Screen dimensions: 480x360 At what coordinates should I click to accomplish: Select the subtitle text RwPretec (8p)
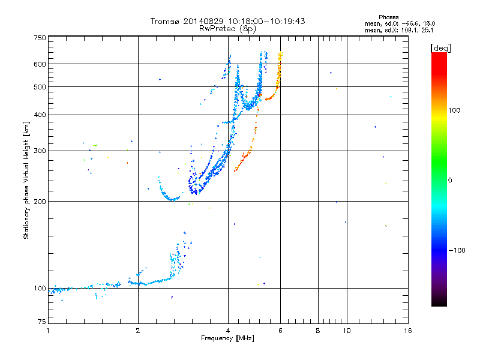coord(227,28)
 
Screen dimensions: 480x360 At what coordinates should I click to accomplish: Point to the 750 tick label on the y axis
coord(40,38)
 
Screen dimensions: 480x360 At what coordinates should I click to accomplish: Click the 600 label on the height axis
coord(40,64)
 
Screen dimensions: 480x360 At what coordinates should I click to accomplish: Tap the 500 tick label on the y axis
coord(40,87)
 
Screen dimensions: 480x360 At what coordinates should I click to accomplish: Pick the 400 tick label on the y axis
coord(40,115)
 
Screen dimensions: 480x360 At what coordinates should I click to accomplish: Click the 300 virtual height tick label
coord(40,151)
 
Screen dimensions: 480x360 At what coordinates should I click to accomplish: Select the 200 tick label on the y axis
coord(40,202)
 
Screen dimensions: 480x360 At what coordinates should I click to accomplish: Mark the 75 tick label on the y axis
coord(42,322)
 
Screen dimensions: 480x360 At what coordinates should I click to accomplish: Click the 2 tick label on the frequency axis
coord(138,331)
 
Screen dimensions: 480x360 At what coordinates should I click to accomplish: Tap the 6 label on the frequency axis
coord(280,331)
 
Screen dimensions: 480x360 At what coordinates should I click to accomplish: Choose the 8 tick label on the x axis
coord(318,331)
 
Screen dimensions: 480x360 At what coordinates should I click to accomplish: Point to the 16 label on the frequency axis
coord(408,331)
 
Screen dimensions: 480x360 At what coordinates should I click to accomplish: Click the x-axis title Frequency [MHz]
coord(227,338)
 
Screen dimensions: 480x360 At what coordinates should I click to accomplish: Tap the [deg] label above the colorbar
coord(440,48)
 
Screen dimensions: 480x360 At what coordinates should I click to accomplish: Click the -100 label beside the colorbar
coord(457,250)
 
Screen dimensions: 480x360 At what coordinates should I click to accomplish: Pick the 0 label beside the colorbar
coord(450,181)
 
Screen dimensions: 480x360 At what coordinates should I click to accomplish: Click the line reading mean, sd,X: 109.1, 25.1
coord(399,31)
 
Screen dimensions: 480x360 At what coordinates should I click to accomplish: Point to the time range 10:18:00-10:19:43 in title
coord(266,21)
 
